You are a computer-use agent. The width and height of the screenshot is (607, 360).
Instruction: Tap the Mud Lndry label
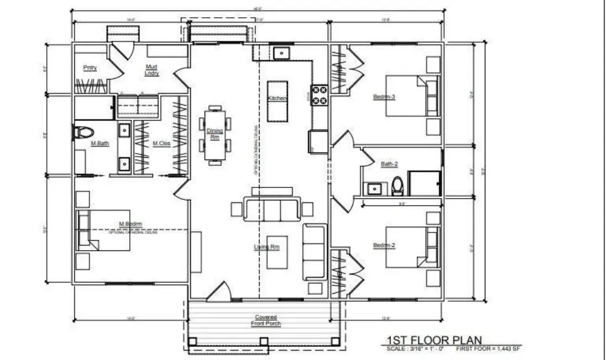tap(152, 71)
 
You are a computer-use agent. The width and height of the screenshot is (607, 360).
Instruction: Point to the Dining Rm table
tap(215, 134)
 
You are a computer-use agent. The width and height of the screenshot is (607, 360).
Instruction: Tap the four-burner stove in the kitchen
tap(320, 95)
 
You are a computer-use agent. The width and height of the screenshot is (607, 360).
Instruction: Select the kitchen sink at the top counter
tap(280, 53)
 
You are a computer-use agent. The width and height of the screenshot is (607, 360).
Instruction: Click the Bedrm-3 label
tap(384, 97)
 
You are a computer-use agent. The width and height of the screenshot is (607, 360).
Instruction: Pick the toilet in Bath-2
tap(397, 186)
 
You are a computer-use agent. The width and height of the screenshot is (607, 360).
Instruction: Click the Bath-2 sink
tap(374, 189)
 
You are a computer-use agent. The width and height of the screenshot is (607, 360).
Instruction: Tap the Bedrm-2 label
tap(384, 245)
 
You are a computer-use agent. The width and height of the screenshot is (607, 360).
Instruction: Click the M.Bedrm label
tap(129, 224)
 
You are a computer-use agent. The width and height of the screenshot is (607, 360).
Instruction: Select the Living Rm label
tap(267, 247)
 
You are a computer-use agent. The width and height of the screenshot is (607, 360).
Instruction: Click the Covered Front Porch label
tap(266, 320)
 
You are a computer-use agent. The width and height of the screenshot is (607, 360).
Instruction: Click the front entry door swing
tap(219, 290)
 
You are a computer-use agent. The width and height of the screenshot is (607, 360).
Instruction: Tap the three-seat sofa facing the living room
tap(272, 210)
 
